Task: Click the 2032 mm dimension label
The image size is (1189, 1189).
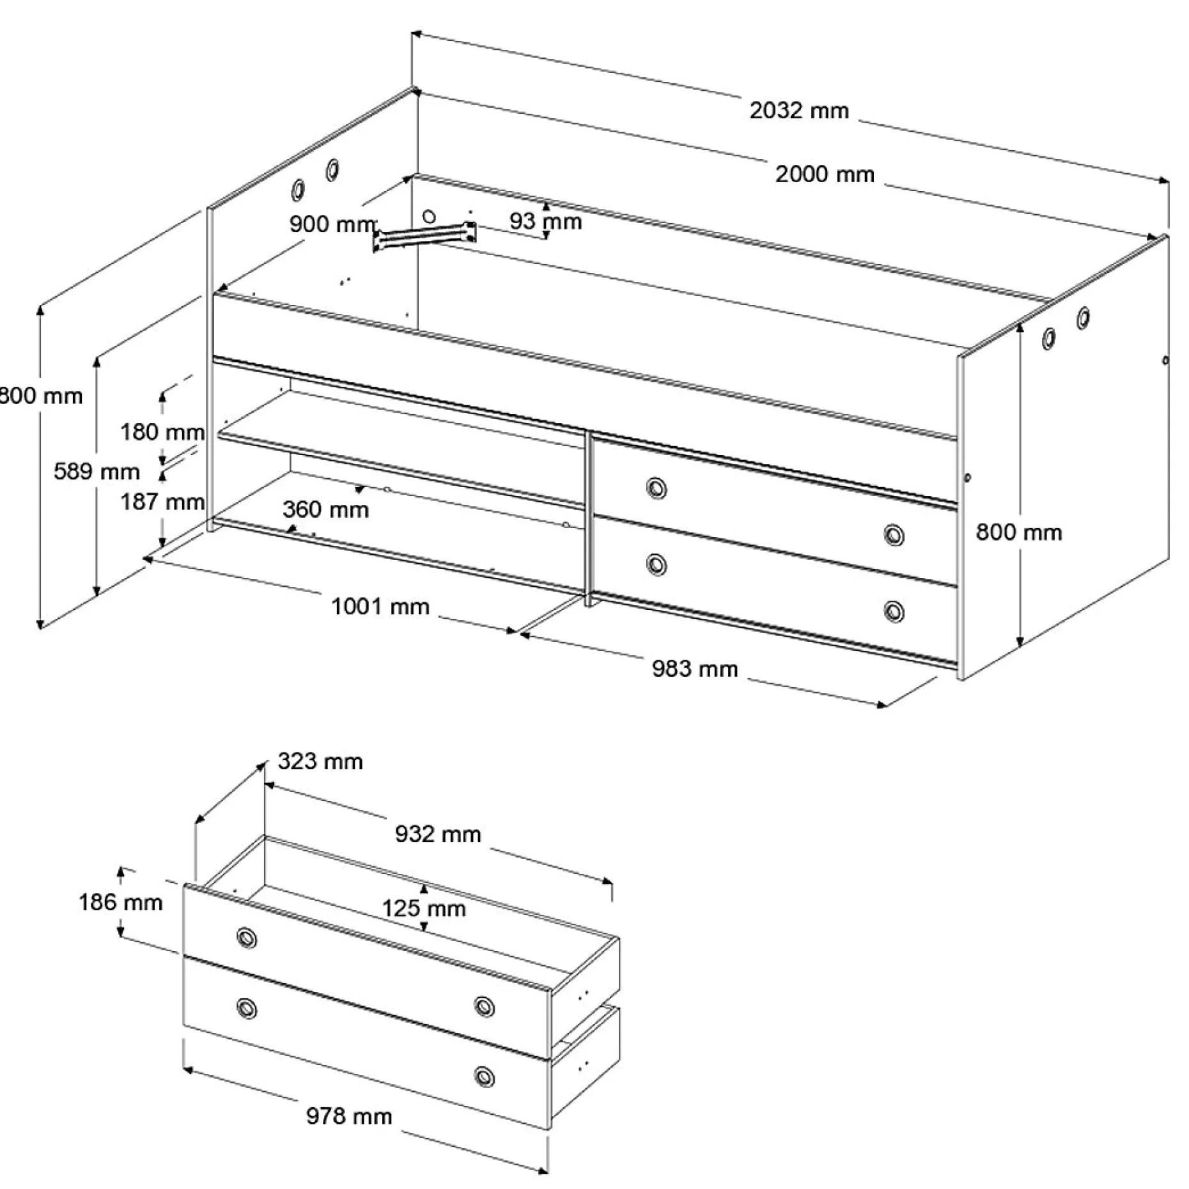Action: [799, 111]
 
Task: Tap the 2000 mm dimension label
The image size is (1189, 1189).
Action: [825, 174]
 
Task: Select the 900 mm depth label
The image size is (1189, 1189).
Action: [333, 224]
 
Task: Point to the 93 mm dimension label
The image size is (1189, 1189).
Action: [545, 221]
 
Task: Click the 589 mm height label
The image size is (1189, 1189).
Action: [97, 471]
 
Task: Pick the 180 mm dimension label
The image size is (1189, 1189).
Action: [162, 432]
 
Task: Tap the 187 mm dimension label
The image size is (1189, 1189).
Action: [162, 502]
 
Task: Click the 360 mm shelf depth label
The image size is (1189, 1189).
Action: [326, 509]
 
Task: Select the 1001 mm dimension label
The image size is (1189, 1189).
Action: [380, 606]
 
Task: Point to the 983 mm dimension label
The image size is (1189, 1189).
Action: [695, 669]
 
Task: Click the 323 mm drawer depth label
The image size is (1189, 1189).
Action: [320, 761]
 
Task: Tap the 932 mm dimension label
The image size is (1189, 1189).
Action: [438, 834]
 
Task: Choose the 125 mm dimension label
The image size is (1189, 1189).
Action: [424, 908]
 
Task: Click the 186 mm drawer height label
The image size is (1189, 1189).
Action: [121, 903]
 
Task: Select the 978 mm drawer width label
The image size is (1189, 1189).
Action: [349, 1116]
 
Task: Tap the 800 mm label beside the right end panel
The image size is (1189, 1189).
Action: [1019, 532]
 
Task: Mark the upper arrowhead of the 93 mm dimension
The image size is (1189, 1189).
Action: [546, 206]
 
